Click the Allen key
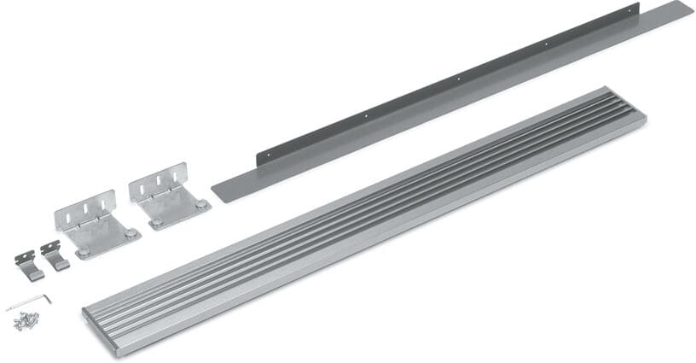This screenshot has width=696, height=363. click(x=28, y=302)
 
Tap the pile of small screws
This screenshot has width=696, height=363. click(x=26, y=319)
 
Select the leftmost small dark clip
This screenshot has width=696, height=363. click(x=28, y=265)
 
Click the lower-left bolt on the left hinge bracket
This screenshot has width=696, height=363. click(x=84, y=252)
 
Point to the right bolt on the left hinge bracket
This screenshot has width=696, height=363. click(x=130, y=233)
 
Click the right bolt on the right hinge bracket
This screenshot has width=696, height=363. click(x=200, y=205)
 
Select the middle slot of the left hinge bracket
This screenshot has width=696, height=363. click(x=85, y=208)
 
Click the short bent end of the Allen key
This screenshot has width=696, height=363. click(x=47, y=298)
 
